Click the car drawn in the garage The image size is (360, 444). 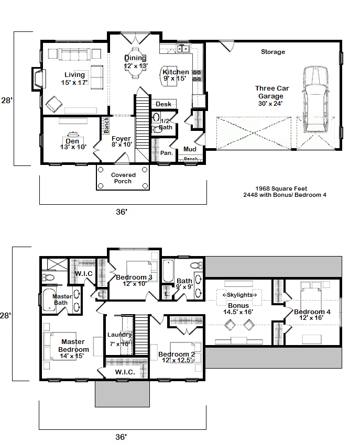[315, 99]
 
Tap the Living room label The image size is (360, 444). [74, 75]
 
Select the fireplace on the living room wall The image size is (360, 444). [38, 79]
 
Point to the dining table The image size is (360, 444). [136, 63]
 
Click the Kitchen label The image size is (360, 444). [176, 72]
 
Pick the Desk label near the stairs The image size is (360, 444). [163, 104]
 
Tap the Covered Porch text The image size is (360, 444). [123, 178]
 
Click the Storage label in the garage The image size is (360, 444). [273, 52]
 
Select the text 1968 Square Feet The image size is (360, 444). [281, 188]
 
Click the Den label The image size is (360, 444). [72, 141]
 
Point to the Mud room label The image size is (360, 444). [190, 149]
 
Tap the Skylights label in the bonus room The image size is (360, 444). [239, 295]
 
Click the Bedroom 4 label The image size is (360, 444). [312, 312]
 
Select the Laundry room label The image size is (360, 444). [119, 335]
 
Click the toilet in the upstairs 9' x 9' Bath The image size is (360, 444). [196, 265]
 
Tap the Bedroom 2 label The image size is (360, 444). [177, 354]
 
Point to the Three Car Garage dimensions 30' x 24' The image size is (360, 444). [270, 104]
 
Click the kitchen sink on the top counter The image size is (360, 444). [183, 49]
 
